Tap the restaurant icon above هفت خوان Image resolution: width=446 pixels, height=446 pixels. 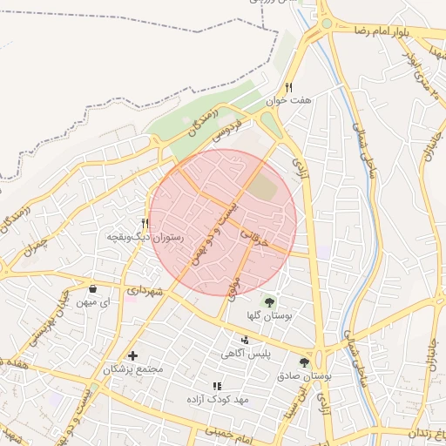(x=288, y=87)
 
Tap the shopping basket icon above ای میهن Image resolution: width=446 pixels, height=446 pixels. (x=92, y=288)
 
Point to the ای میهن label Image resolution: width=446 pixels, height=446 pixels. (x=94, y=301)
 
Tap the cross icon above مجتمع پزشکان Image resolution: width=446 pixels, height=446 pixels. (x=132, y=355)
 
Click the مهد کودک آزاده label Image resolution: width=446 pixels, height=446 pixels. (x=218, y=398)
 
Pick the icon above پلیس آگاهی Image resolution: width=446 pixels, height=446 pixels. (x=245, y=340)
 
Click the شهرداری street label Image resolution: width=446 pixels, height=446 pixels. (x=145, y=291)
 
